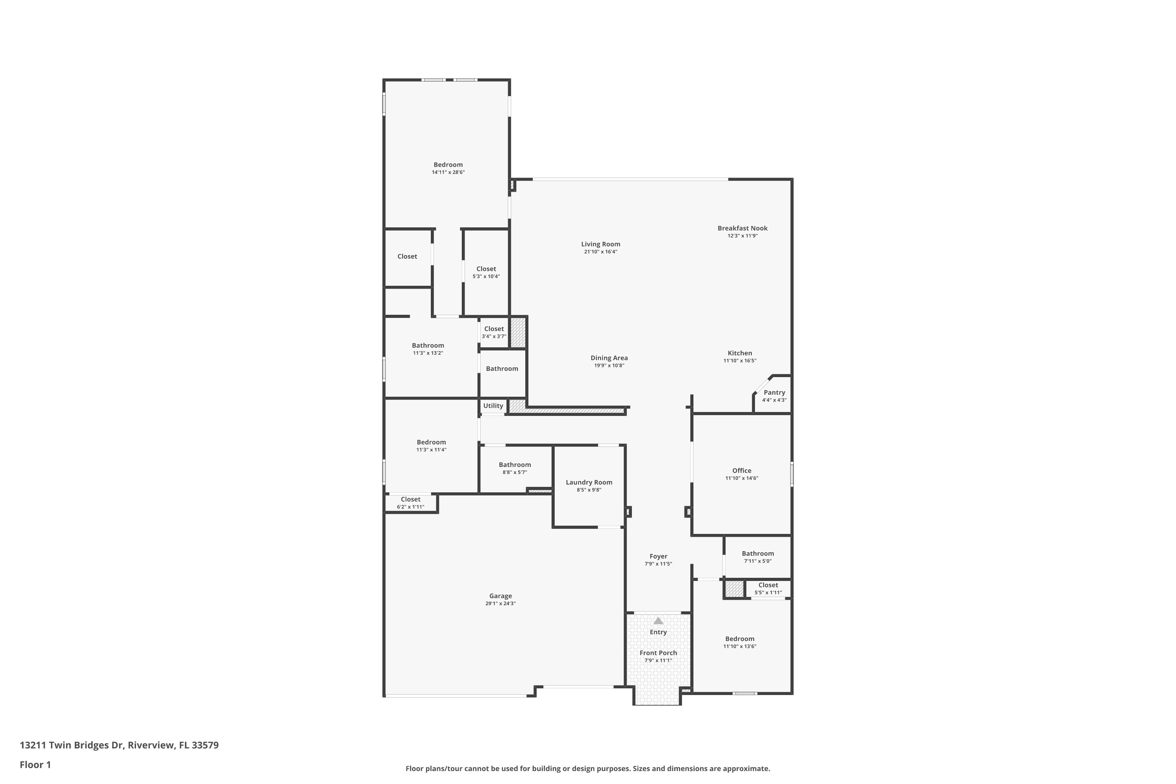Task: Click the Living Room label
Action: [601, 244]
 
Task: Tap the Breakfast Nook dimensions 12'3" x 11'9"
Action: [742, 236]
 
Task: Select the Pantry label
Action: [774, 392]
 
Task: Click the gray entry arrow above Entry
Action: [658, 621]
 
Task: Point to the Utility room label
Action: [493, 405]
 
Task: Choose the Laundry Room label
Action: [589, 482]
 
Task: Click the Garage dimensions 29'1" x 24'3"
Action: [501, 604]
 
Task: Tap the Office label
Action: [742, 470]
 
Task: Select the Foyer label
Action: [659, 556]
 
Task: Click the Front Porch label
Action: [658, 653]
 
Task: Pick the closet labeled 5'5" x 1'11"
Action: [768, 588]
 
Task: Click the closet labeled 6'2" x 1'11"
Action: [410, 503]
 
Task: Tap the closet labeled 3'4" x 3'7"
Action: [494, 332]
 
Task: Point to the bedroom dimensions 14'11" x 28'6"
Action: [448, 172]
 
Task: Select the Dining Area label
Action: [609, 358]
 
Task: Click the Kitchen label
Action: [739, 353]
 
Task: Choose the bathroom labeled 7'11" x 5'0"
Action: [757, 557]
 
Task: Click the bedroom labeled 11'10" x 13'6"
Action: [739, 642]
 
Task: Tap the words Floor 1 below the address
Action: [35, 764]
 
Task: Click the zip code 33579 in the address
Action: [205, 745]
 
